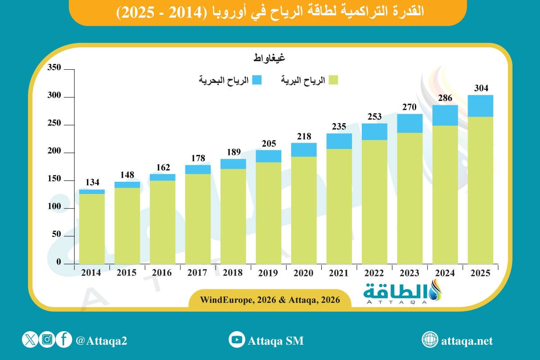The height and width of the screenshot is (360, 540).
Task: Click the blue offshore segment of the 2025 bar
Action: point(481,106)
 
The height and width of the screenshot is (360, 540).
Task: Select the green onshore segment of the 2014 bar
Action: point(92,229)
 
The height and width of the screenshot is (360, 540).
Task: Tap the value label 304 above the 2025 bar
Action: point(481,88)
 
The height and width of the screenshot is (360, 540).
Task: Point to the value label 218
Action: point(304,136)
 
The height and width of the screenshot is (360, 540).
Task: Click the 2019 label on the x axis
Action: point(269,273)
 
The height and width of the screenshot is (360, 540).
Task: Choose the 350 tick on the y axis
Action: point(54,68)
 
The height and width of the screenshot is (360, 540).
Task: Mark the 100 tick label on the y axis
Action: point(54,208)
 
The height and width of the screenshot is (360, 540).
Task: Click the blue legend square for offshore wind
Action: point(257,80)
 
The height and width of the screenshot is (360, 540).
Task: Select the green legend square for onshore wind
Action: point(333,80)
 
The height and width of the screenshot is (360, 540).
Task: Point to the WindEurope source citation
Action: point(270,299)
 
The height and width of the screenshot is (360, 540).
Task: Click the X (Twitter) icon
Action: point(30,340)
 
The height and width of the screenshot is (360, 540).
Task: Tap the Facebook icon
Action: point(64,340)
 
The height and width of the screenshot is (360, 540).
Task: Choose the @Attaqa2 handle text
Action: point(102,341)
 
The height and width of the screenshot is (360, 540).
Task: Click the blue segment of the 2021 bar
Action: point(339,141)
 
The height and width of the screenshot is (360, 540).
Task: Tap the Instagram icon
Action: point(47,340)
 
